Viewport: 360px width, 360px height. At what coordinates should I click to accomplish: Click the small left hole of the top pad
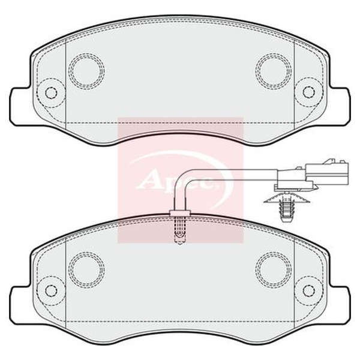51,92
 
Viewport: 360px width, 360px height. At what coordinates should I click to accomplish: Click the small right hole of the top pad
308,92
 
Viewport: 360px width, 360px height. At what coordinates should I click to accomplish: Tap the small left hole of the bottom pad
51,291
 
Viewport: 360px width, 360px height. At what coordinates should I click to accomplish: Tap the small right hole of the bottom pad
308,291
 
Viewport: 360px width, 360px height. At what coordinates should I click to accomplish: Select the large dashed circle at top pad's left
86,71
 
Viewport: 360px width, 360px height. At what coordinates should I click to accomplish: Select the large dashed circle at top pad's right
273,71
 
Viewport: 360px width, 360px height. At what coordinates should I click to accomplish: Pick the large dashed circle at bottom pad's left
86,269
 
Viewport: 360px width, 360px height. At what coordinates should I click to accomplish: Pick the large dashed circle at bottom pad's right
273,269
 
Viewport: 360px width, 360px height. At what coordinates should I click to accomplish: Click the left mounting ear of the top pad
20,107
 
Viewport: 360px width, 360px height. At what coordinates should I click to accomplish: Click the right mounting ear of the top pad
340,107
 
